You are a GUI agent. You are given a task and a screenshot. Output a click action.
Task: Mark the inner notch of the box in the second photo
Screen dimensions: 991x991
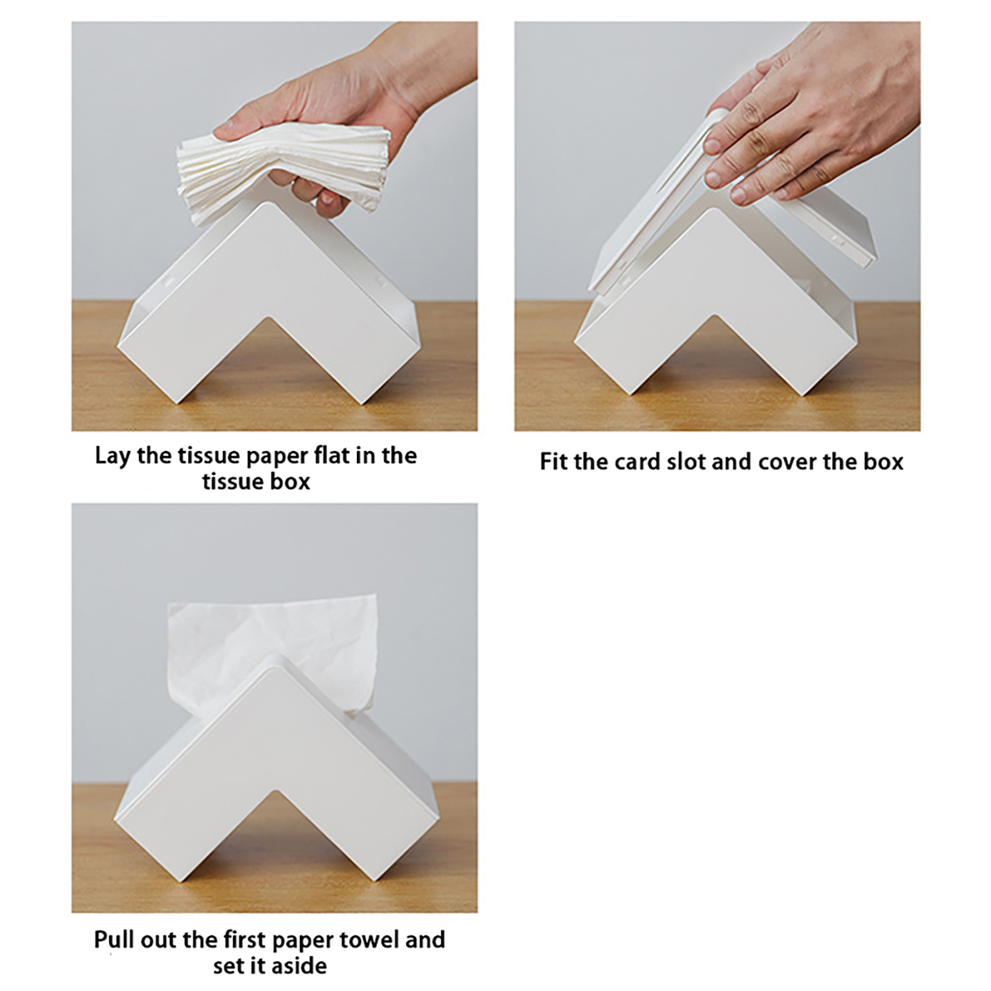click(x=717, y=317)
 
